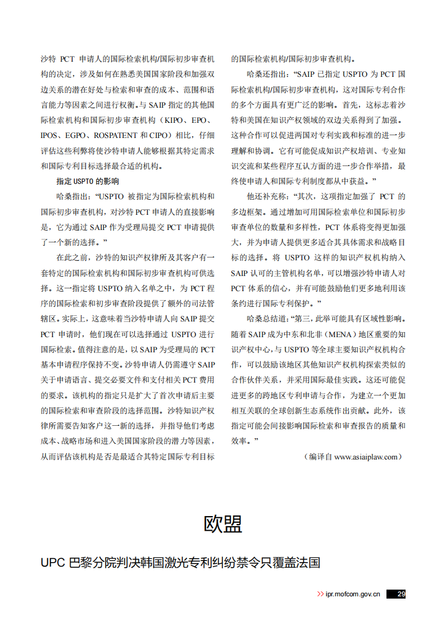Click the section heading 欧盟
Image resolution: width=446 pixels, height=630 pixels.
222,523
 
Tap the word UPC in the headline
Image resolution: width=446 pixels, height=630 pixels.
53,563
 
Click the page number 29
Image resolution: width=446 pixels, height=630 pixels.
401,594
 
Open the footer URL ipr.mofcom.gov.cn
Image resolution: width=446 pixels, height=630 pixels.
353,594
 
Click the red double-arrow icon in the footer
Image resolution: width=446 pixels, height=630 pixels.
320,594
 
